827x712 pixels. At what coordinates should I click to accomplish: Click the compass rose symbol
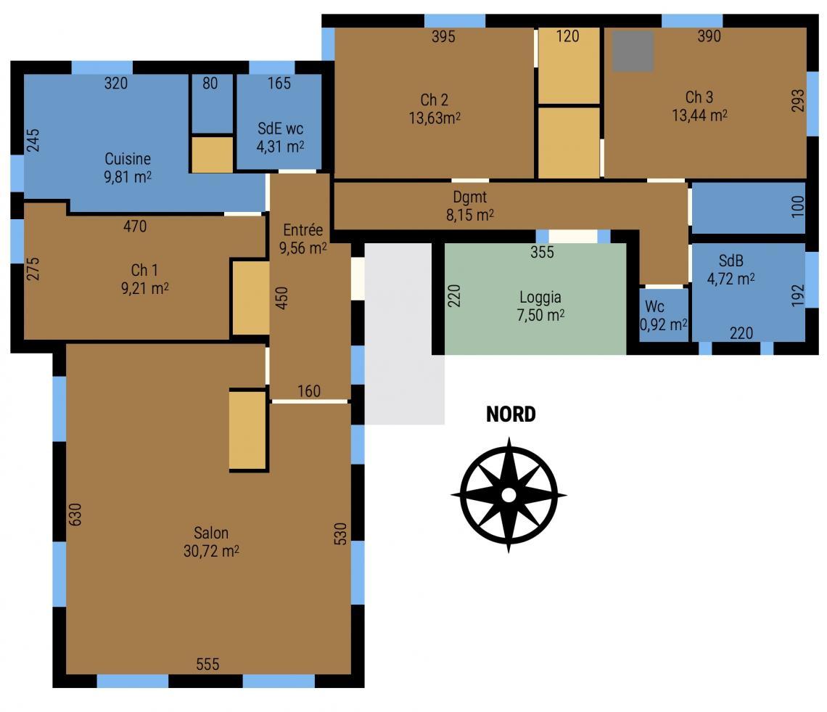point(509,495)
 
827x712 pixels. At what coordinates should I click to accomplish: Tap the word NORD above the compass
point(511,414)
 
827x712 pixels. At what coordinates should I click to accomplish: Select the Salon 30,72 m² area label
point(211,541)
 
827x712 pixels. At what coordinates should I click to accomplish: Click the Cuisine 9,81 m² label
point(128,168)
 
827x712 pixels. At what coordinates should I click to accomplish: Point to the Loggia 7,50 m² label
point(540,306)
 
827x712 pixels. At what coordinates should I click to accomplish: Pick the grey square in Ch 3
point(633,51)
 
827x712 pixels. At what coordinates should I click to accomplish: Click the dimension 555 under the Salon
point(207,664)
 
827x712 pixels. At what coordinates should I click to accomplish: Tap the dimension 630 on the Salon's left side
point(75,514)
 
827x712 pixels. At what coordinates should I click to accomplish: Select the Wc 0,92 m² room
point(664,314)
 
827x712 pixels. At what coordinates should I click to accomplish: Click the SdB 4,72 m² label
point(731,269)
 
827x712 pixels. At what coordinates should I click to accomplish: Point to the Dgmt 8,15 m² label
point(470,206)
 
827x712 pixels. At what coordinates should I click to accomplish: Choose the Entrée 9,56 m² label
point(303,239)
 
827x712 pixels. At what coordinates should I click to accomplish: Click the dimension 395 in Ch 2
point(443,36)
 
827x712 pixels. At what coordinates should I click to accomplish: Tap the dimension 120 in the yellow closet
point(567,36)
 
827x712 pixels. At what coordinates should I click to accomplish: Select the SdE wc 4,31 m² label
point(280,137)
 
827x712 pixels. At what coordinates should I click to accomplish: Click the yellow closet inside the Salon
point(248,430)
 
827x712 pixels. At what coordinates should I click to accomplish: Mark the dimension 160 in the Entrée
point(308,391)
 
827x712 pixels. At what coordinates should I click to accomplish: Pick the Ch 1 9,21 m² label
point(144,279)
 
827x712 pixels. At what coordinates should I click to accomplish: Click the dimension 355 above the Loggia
point(542,252)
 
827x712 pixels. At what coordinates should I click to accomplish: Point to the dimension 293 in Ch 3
point(798,100)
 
